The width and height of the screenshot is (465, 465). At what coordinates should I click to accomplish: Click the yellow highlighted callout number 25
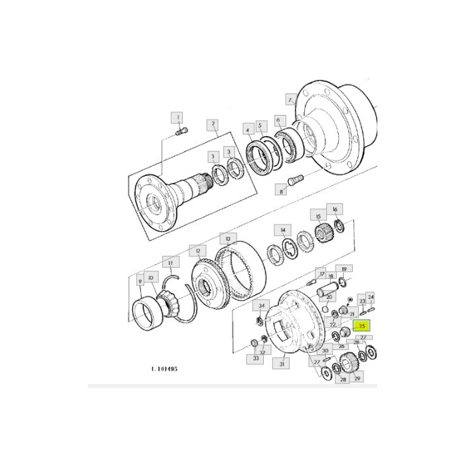pyautogui.click(x=362, y=326)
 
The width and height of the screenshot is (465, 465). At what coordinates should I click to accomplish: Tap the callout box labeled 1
pyautogui.click(x=177, y=118)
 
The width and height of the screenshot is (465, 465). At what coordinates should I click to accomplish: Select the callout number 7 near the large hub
pyautogui.click(x=289, y=100)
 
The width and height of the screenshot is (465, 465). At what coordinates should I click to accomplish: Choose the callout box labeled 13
pyautogui.click(x=227, y=237)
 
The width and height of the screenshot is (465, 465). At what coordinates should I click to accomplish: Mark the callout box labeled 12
pyautogui.click(x=197, y=250)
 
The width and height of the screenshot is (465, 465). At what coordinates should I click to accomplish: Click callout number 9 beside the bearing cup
pyautogui.click(x=140, y=282)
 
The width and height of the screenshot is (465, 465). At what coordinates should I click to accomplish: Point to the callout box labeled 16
pyautogui.click(x=335, y=209)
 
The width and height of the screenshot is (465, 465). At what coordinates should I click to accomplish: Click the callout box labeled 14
pyautogui.click(x=284, y=231)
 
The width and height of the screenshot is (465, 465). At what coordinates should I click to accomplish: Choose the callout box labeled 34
pyautogui.click(x=262, y=306)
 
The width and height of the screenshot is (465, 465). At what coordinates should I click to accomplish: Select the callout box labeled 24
pyautogui.click(x=371, y=297)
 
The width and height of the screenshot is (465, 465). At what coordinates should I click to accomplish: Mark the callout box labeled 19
pyautogui.click(x=343, y=269)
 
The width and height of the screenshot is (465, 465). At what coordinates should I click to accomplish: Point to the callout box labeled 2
pyautogui.click(x=213, y=124)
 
